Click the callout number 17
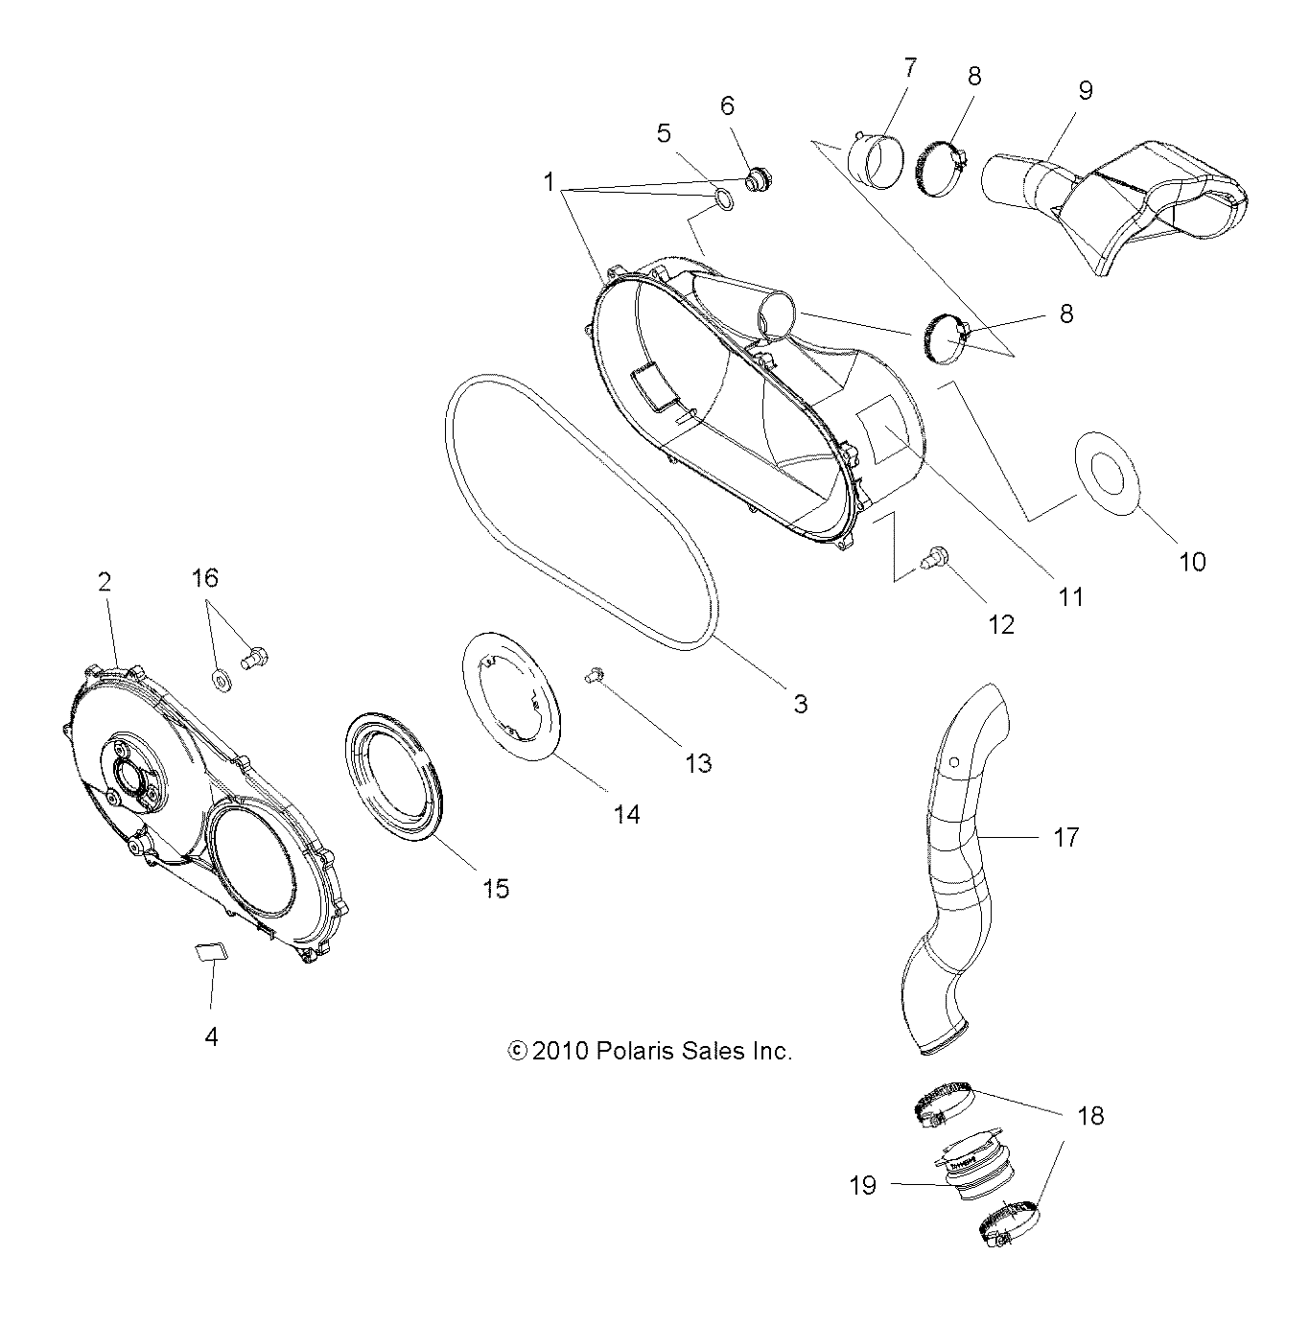coord(1065,837)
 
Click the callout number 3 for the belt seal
coord(800,705)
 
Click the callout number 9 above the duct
coord(1085,90)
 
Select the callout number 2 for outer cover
coord(104,581)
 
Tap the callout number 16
coord(204,577)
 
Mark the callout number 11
coord(1070,596)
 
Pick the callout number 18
coord(1090,1115)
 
